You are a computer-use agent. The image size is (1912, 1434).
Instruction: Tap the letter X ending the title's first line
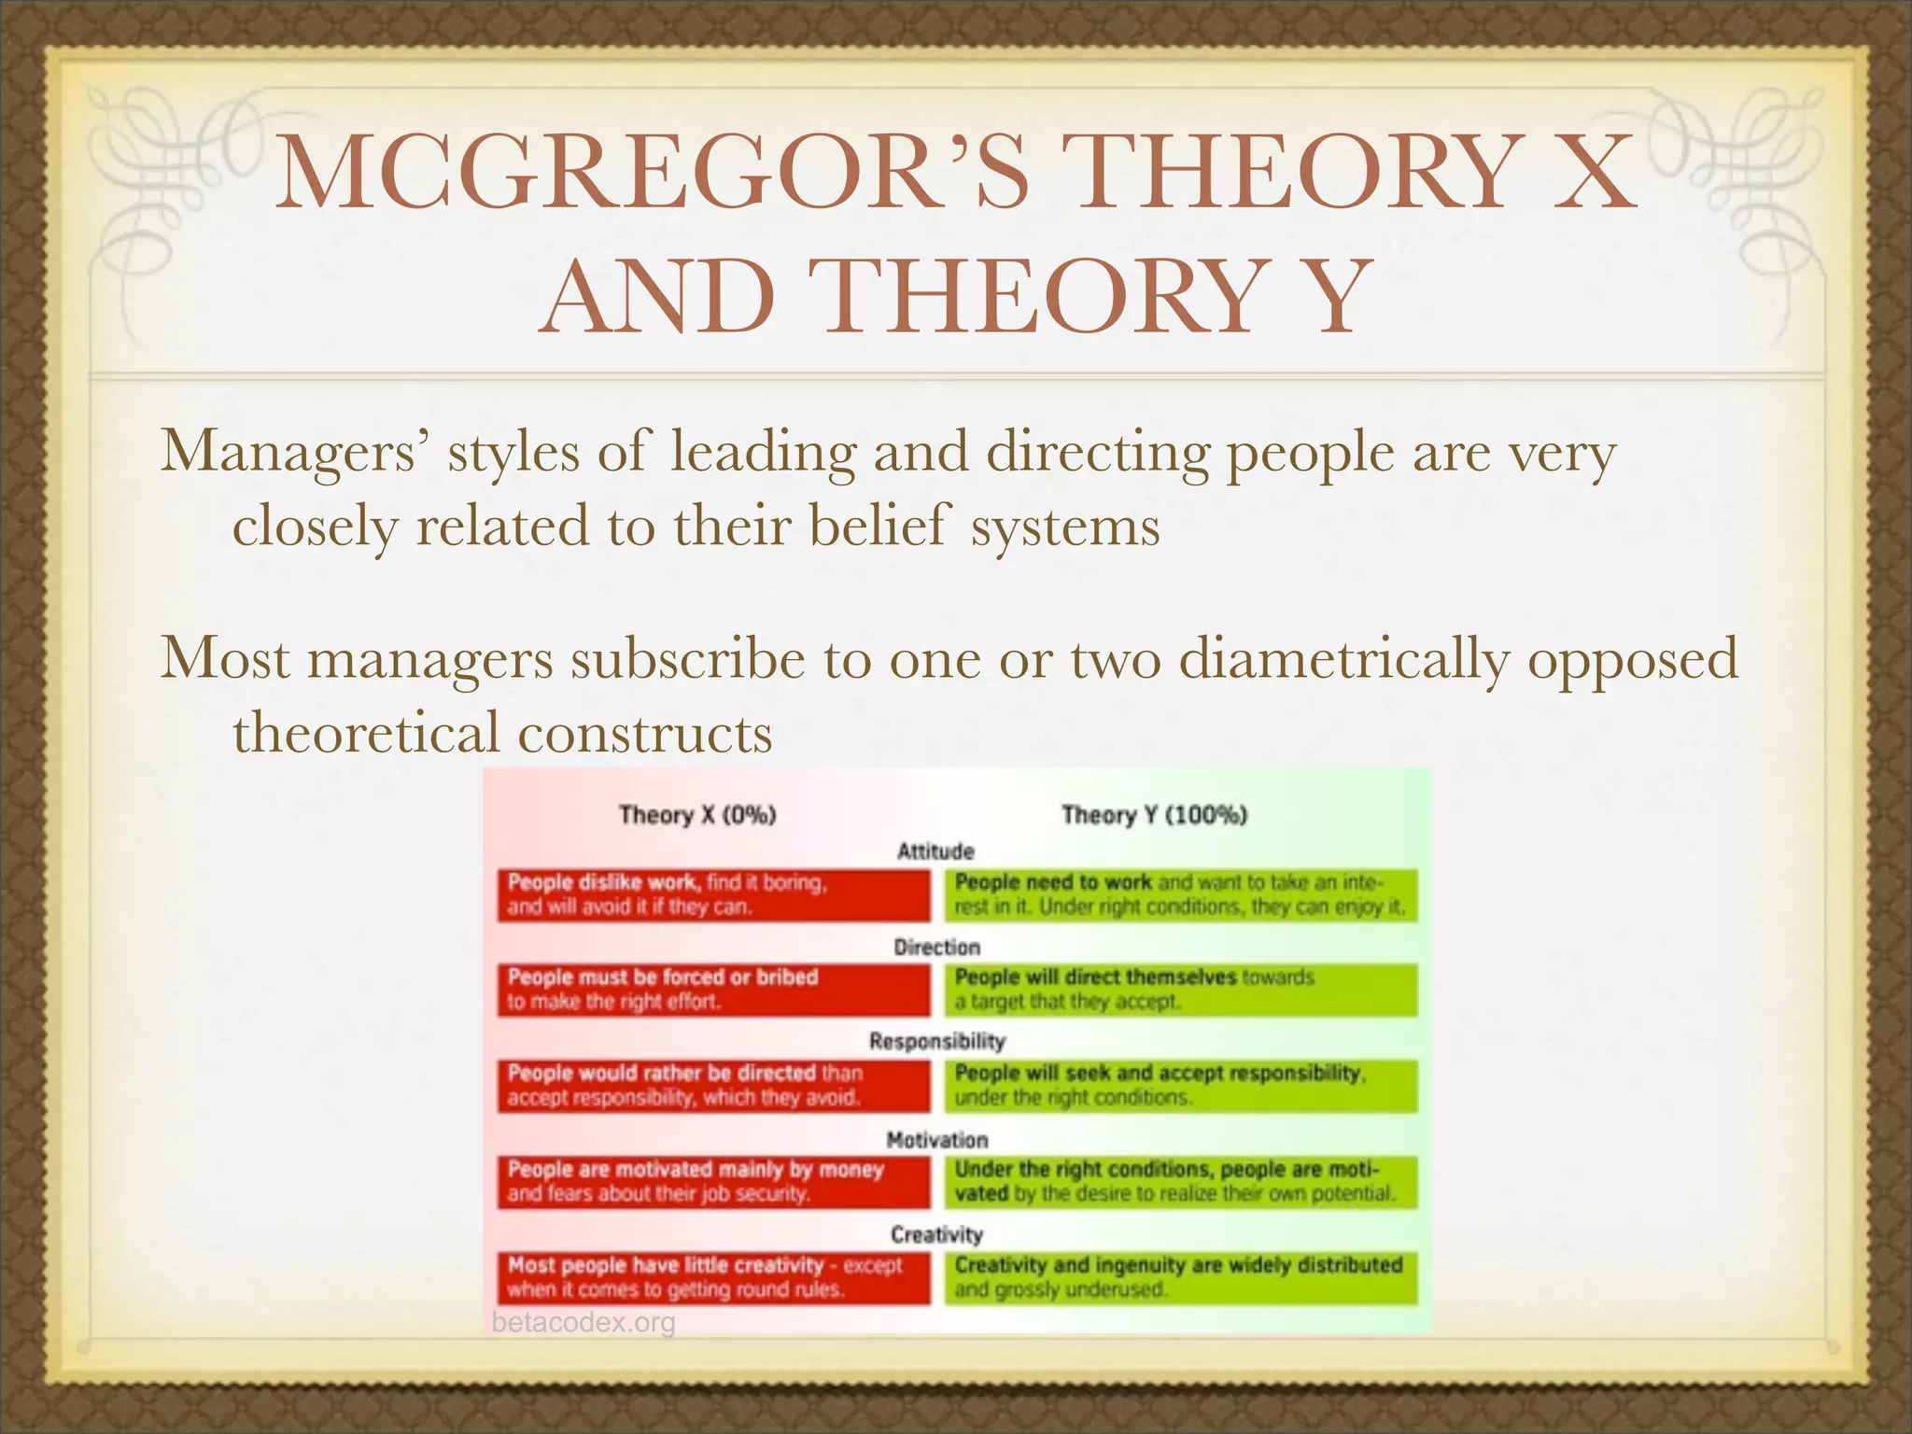click(x=1587, y=175)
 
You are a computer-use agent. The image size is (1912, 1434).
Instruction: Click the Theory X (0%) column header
click(x=697, y=815)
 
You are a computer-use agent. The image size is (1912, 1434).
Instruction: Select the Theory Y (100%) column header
click(x=1154, y=815)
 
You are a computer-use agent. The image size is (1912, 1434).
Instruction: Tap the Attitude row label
click(x=935, y=851)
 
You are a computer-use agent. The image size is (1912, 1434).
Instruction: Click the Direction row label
click(x=936, y=948)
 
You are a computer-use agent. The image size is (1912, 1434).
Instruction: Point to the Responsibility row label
click(x=936, y=1042)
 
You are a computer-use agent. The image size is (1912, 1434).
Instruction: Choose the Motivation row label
click(x=936, y=1140)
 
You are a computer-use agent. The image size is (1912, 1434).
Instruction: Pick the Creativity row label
click(x=936, y=1235)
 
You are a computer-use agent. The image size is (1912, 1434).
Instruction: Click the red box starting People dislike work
click(x=713, y=895)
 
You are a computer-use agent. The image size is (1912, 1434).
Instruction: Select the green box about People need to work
click(x=1181, y=895)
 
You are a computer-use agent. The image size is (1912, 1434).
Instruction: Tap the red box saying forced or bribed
click(x=713, y=990)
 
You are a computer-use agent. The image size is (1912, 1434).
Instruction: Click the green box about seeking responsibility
click(x=1181, y=1086)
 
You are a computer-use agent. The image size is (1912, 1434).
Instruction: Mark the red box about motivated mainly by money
click(x=713, y=1182)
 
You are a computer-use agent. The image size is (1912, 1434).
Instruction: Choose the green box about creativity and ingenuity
click(x=1181, y=1277)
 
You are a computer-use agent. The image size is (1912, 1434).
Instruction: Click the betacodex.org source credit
click(x=583, y=1323)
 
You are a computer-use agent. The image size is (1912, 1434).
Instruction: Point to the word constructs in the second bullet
click(x=645, y=734)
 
